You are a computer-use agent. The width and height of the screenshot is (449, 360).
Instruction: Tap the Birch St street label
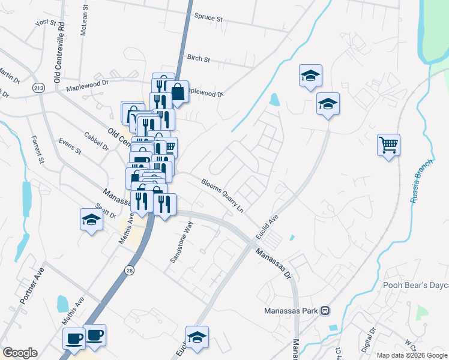[198, 59]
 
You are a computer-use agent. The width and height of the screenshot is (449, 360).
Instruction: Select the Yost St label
[46, 23]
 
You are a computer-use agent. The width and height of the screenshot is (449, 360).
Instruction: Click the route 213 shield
[39, 88]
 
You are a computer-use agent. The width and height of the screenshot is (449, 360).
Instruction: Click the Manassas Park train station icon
[325, 311]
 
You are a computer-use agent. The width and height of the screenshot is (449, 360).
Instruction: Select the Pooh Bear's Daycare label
[415, 284]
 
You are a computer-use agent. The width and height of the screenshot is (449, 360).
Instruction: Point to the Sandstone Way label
[181, 242]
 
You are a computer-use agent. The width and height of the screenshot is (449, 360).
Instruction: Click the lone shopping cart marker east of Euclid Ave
[388, 144]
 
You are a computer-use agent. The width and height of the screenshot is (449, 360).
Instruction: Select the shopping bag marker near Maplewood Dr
[178, 92]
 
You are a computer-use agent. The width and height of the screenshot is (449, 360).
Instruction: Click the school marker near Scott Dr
[91, 219]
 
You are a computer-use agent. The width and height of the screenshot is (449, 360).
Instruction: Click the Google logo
[20, 353]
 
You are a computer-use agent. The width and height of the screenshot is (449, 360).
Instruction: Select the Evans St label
[70, 148]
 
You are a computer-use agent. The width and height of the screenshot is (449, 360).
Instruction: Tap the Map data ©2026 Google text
[412, 355]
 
